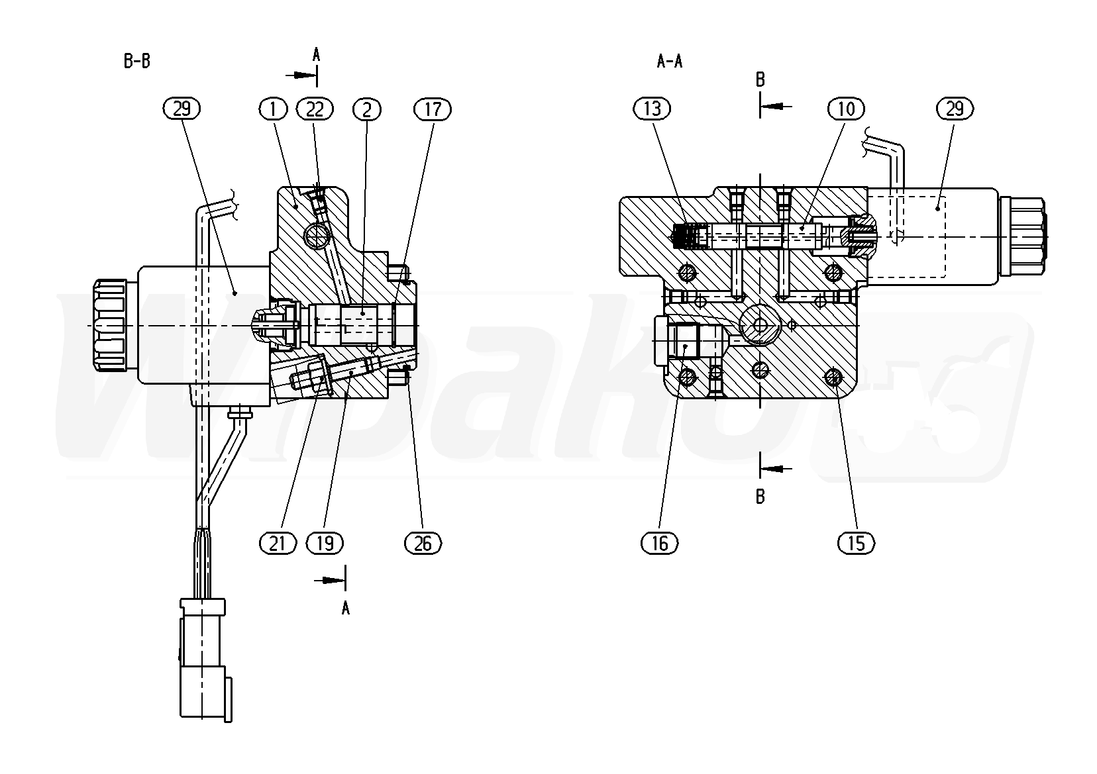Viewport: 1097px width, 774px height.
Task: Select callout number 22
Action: coord(315,109)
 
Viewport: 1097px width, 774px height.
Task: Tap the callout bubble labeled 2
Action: coord(367,109)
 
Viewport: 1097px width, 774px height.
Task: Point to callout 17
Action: coord(432,109)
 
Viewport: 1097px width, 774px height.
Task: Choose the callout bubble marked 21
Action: coord(278,543)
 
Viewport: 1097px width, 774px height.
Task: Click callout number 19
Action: coord(325,543)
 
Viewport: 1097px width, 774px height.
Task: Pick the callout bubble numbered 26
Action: coord(422,543)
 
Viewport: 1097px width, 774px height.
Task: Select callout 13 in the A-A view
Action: coord(652,109)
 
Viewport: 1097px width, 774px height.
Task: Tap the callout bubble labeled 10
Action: coord(846,109)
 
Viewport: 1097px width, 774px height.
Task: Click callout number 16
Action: coord(660,543)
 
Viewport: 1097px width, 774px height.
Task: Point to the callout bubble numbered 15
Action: coord(856,543)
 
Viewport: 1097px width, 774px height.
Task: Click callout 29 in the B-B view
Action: coord(181,109)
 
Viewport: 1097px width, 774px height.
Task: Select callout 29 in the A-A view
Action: coord(955,109)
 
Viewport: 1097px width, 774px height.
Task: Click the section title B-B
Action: coord(137,62)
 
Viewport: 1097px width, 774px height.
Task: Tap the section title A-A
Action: coord(669,62)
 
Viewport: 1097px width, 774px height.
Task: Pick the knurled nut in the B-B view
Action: coord(110,326)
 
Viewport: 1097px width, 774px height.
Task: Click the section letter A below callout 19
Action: coord(345,608)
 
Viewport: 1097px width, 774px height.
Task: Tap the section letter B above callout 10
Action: coord(760,80)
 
